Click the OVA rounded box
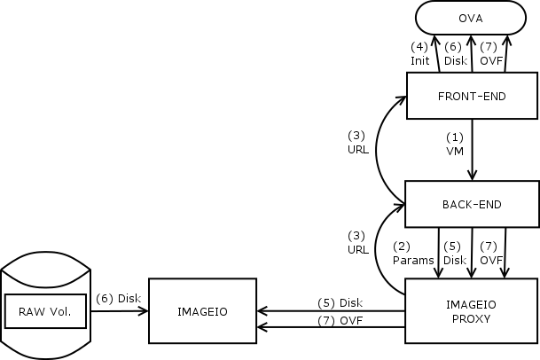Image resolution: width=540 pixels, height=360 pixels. point(471,18)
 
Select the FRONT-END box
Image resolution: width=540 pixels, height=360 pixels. point(472,96)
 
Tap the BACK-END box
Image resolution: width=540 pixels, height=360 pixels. point(472,204)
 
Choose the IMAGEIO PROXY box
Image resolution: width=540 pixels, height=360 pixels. point(472,310)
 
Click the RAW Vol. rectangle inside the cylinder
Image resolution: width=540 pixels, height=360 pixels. point(51,311)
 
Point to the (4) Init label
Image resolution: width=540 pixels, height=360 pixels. point(419,54)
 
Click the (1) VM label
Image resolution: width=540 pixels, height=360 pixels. point(455,144)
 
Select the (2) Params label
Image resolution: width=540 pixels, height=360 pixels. point(412,254)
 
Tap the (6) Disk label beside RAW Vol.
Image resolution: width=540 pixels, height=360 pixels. point(118,298)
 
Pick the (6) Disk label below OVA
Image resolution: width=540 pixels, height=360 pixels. point(455,54)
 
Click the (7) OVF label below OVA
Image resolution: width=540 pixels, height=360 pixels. point(490,54)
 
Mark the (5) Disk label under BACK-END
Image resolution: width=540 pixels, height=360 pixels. point(454,254)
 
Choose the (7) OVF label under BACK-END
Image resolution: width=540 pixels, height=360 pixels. point(490,254)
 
